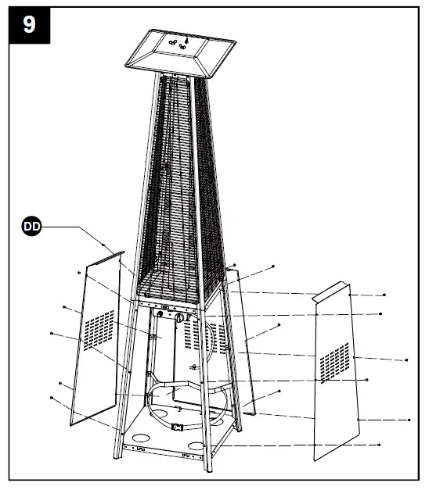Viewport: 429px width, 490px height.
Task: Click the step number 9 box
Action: pyautogui.click(x=29, y=24)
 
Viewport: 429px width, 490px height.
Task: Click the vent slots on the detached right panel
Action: pyautogui.click(x=334, y=360)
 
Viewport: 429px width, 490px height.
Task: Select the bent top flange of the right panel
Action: pyautogui.click(x=330, y=292)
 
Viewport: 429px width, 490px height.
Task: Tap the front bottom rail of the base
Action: pyautogui.click(x=165, y=451)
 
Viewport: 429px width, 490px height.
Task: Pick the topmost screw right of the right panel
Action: pyautogui.click(x=385, y=295)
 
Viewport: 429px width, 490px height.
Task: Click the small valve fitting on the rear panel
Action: pyautogui.click(x=194, y=367)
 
